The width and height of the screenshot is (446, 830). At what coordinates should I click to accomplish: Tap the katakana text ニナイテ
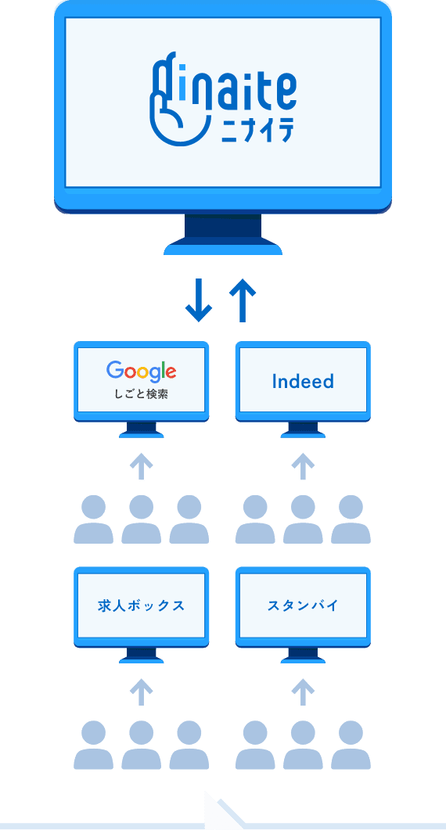click(x=257, y=130)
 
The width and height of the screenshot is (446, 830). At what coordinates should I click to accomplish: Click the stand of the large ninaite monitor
click(x=223, y=234)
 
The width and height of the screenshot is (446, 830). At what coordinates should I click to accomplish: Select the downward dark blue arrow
click(x=199, y=300)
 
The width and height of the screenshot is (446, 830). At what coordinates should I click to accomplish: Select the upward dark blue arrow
click(x=243, y=300)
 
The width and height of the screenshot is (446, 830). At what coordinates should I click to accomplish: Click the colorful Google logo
click(x=142, y=371)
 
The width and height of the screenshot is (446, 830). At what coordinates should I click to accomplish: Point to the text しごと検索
click(x=142, y=394)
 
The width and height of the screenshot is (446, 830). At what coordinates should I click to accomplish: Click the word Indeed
click(x=303, y=381)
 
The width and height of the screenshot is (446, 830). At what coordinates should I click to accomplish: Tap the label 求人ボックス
click(x=142, y=605)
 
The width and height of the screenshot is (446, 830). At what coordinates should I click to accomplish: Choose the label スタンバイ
click(x=303, y=605)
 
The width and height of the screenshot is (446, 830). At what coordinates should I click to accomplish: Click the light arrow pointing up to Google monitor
click(x=142, y=465)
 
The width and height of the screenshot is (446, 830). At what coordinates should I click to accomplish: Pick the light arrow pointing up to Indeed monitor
click(x=303, y=465)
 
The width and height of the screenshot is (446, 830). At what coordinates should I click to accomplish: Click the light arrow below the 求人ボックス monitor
click(x=142, y=692)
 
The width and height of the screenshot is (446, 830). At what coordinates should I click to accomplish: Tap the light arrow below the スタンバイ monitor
click(x=303, y=692)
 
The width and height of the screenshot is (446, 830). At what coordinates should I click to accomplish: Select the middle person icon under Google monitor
click(x=142, y=519)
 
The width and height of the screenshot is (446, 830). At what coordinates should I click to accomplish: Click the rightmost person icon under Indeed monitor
click(x=351, y=519)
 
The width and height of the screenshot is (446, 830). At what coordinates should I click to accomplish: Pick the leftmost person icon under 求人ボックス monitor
click(x=93, y=745)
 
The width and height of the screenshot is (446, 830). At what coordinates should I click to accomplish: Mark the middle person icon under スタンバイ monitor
click(x=303, y=745)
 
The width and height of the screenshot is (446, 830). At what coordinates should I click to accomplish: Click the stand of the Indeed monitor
click(x=303, y=429)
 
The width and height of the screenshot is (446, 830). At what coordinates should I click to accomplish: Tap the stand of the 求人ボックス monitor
click(x=142, y=656)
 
